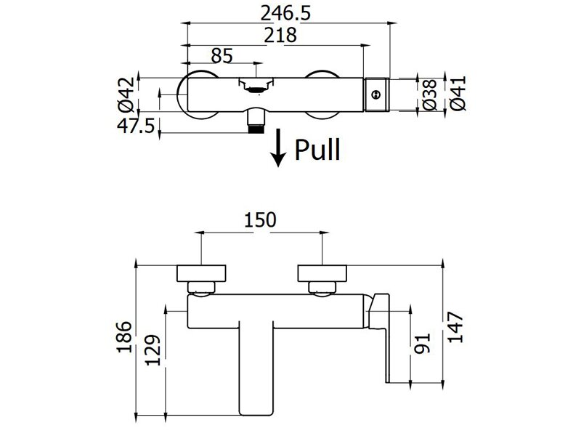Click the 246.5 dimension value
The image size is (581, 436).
(285, 14)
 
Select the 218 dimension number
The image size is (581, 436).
(280, 36)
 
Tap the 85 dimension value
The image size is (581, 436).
(222, 56)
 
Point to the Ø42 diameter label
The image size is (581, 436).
(126, 94)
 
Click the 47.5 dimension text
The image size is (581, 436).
(136, 125)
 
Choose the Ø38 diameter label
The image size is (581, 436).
(429, 94)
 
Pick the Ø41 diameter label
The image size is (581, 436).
(458, 94)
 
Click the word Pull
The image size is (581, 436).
(317, 150)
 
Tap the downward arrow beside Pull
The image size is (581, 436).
(278, 148)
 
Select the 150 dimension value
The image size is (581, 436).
(260, 219)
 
